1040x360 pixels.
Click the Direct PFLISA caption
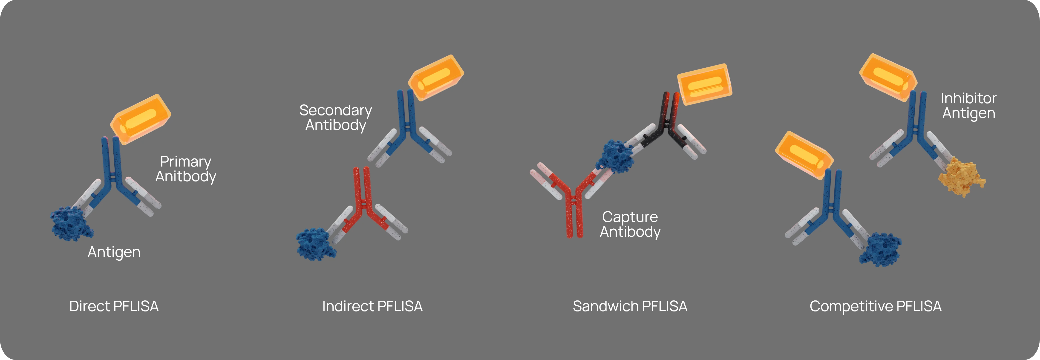click(114, 306)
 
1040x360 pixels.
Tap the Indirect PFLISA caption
click(372, 306)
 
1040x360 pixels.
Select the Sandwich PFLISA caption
click(630, 306)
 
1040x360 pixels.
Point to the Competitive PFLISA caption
click(875, 307)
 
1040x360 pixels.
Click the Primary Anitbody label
click(186, 169)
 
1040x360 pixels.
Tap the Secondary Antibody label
click(335, 118)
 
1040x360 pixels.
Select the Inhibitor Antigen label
click(968, 106)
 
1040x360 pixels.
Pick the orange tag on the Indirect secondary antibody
click(436, 78)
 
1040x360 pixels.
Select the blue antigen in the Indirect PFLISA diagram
click(316, 244)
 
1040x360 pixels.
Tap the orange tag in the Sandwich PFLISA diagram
click(705, 84)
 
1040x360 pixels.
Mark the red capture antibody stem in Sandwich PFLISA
click(574, 218)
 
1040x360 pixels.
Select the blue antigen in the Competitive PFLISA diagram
click(880, 249)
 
